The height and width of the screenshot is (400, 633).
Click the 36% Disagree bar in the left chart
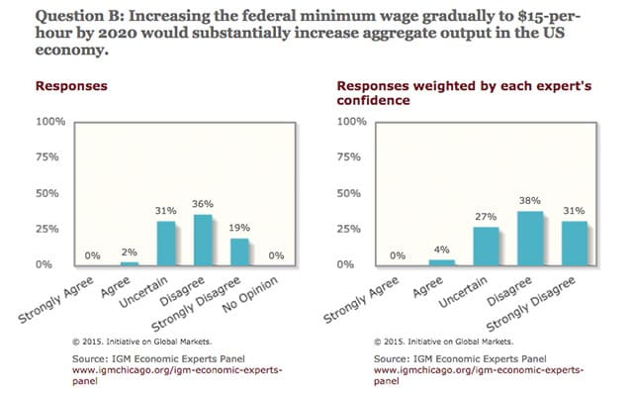pos(201,240)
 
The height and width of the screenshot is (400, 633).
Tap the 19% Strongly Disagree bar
pos(237,251)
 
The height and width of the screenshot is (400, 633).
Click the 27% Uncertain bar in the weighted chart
pos(486,246)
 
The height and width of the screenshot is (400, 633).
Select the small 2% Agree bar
pos(129,263)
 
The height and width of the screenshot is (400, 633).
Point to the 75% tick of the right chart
pos(353,157)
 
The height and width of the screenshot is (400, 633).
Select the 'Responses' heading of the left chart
pos(72,86)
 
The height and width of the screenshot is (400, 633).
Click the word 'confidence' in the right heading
pos(358,100)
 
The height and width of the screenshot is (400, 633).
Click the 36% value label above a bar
pos(202,205)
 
